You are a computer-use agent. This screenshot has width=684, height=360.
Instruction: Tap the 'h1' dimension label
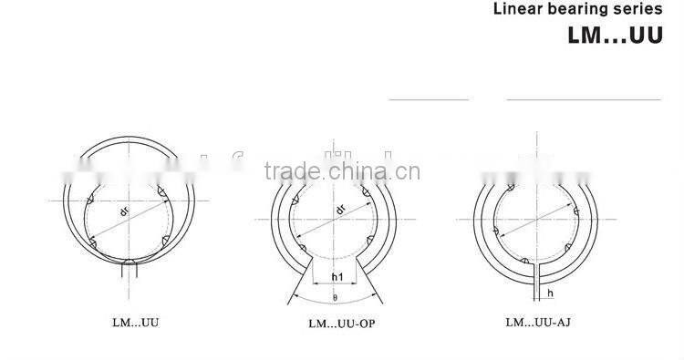pos(336,277)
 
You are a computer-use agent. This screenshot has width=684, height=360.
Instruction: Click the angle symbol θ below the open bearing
pos(336,297)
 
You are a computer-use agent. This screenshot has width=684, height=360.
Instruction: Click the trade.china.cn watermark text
pos(340,172)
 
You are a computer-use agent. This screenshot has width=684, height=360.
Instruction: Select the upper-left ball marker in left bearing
pos(91,198)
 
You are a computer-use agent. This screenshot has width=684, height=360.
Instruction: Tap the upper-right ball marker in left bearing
pos(160,190)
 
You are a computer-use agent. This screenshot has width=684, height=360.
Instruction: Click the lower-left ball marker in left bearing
pos(97,242)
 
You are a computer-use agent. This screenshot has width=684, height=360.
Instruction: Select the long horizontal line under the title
pos(583,98)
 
